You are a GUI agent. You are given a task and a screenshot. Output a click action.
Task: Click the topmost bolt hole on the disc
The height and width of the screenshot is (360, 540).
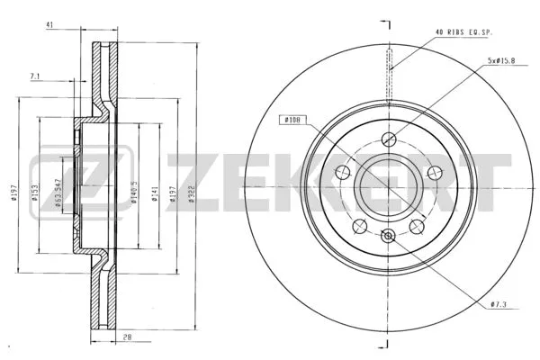[389, 139]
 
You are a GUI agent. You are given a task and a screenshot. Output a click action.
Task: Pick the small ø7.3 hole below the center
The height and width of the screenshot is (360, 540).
[389, 236]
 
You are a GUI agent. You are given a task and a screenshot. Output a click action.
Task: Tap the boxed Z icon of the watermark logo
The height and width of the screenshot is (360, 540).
[58, 181]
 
